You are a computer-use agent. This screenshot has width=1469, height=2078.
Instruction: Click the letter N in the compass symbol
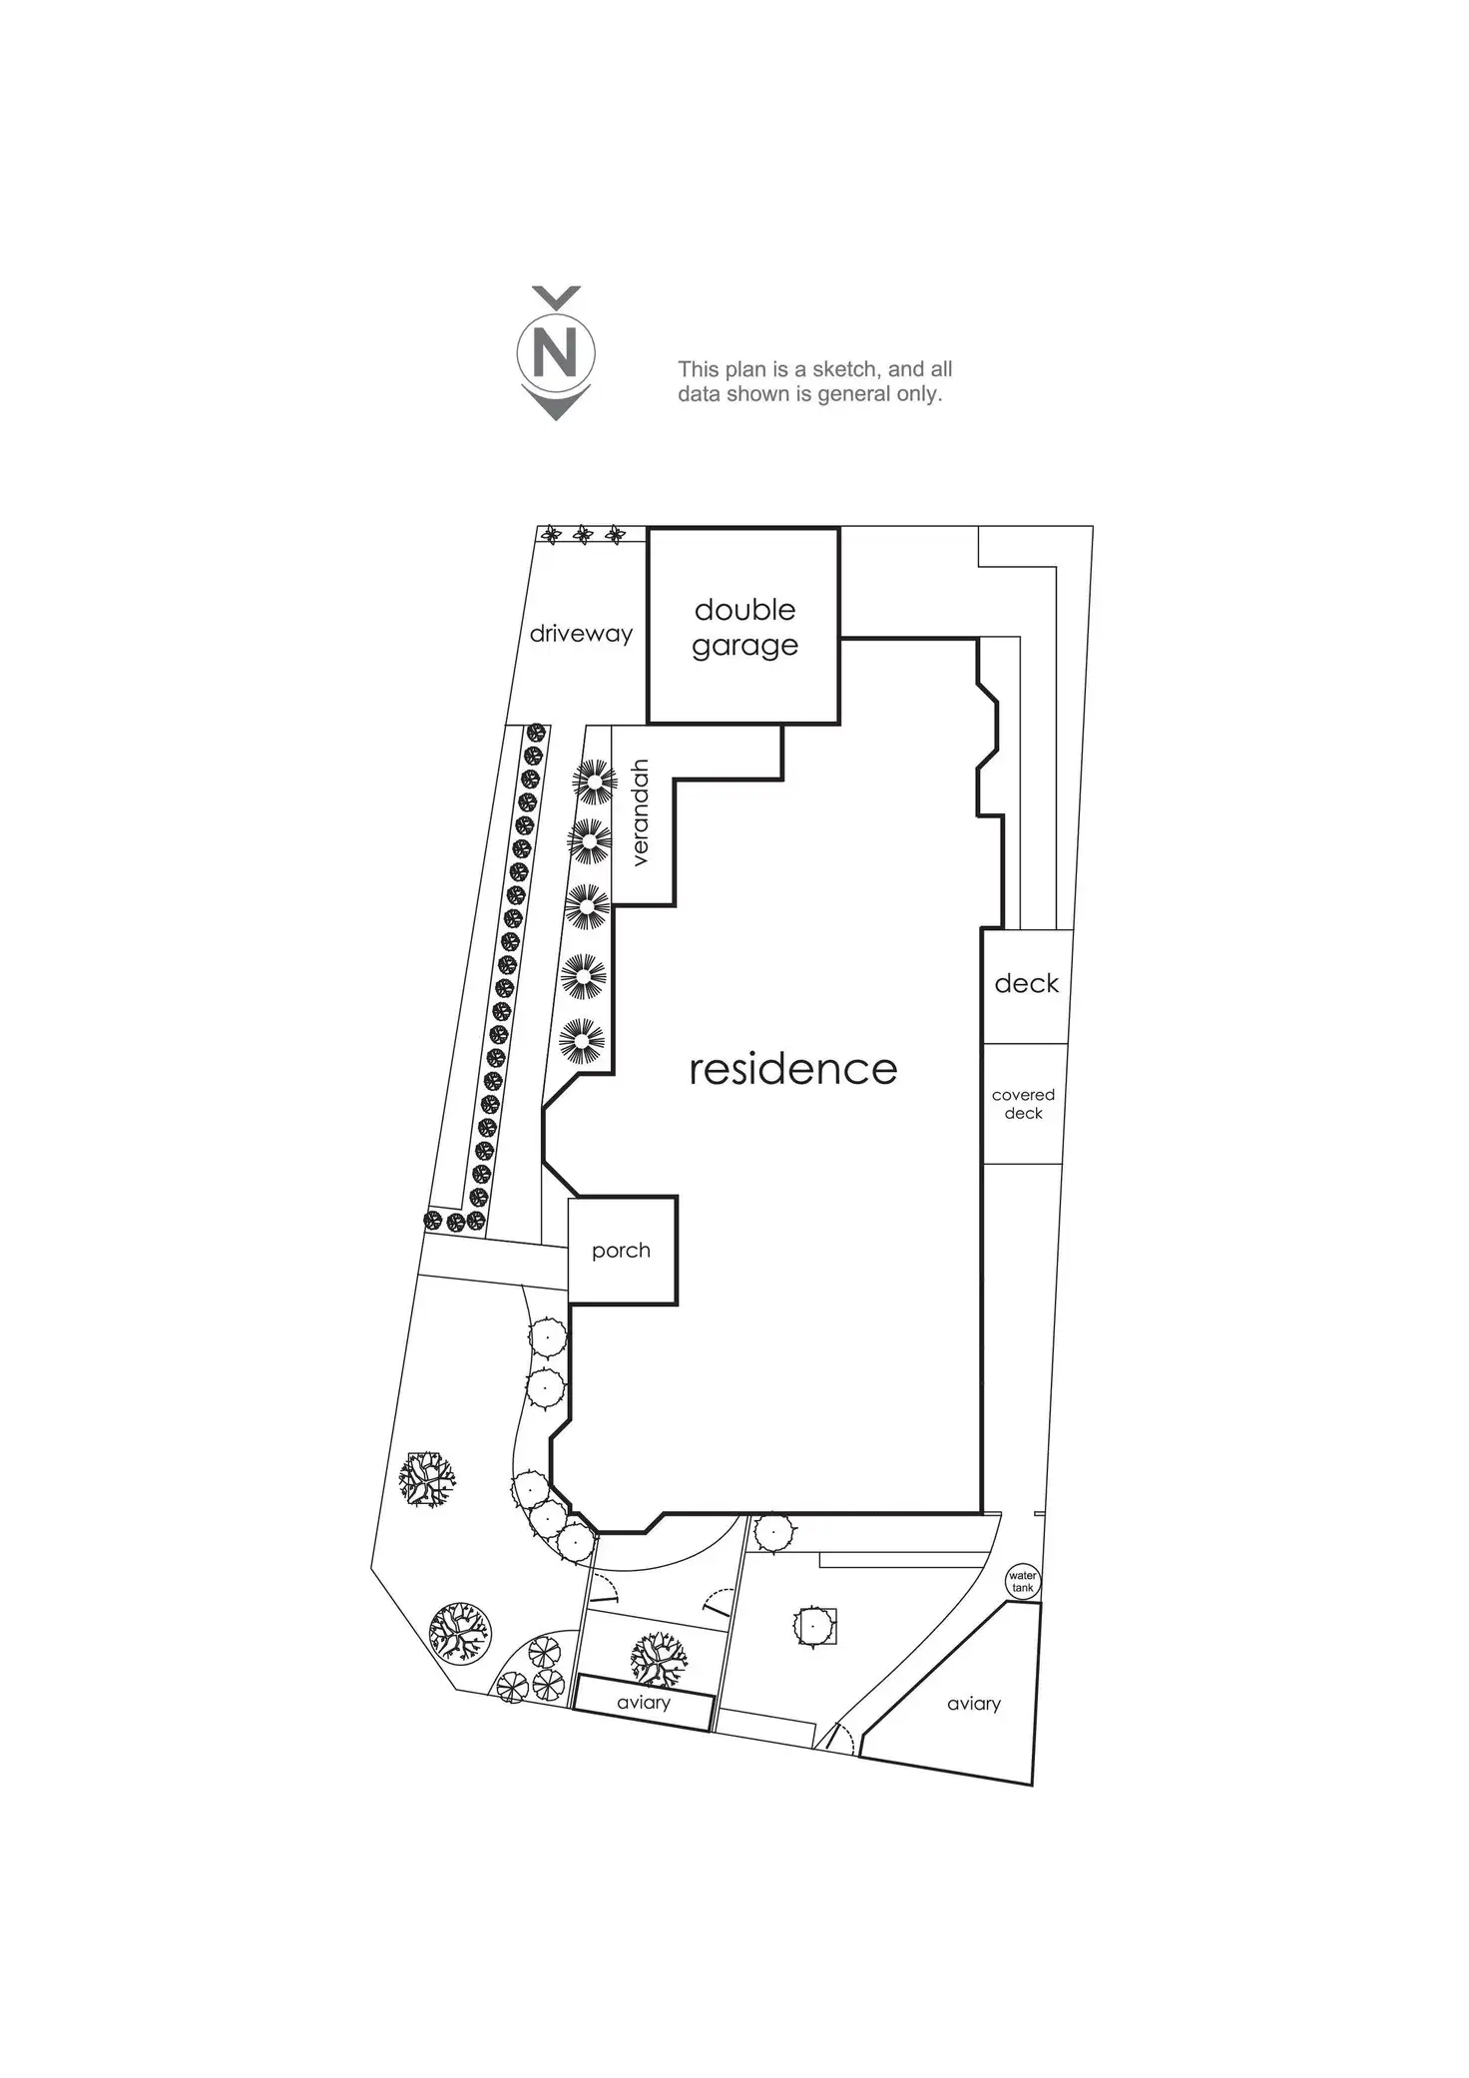click(x=556, y=352)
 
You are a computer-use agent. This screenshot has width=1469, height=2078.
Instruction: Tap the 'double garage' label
click(x=744, y=627)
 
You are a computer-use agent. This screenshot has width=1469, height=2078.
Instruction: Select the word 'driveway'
click(x=581, y=633)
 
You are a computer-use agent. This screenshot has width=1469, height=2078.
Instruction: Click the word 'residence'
click(x=793, y=1069)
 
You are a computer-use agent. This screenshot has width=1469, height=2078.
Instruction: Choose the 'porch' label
click(x=621, y=1250)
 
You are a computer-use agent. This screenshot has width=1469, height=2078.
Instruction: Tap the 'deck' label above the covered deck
click(x=1026, y=983)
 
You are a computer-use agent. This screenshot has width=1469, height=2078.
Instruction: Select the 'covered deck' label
click(x=1023, y=1104)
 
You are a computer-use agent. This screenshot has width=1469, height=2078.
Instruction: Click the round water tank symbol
click(x=1023, y=1582)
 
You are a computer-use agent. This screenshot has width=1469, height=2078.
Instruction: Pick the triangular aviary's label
click(x=973, y=1704)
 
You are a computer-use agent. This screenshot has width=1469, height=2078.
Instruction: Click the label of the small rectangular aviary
click(x=643, y=1702)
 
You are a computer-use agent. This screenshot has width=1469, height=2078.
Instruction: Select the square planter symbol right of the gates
click(x=814, y=1626)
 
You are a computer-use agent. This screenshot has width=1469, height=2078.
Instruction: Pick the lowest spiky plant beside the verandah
click(x=582, y=1041)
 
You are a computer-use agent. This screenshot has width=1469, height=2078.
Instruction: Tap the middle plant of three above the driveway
click(x=584, y=535)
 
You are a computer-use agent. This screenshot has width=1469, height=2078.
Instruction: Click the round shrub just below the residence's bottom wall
click(x=772, y=1532)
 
